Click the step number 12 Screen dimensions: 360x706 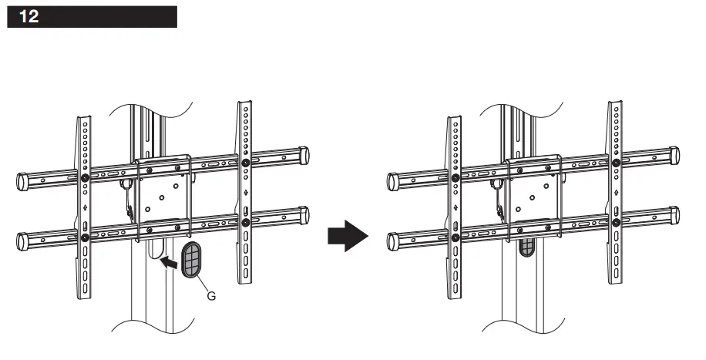[29, 18]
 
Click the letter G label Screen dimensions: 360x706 [211, 294]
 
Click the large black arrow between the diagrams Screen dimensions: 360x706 [345, 236]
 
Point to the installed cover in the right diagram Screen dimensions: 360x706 [526, 247]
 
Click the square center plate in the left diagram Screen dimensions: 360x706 [163, 194]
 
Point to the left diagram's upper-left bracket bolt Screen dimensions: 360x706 [84, 177]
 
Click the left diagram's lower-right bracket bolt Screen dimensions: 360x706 [245, 223]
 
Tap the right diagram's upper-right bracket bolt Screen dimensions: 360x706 [615, 163]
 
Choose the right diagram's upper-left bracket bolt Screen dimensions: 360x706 [454, 177]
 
